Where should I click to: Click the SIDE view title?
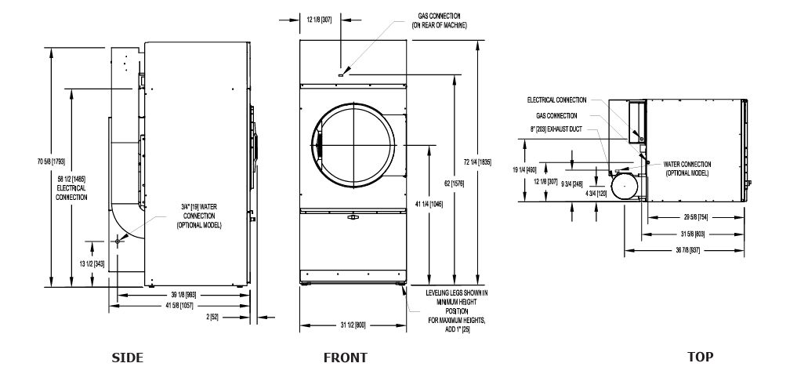[x=127, y=358]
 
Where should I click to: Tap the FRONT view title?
[x=345, y=358]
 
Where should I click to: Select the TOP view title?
[x=701, y=357]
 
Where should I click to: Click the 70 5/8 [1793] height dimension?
[x=51, y=162]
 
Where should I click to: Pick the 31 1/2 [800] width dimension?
[x=353, y=325]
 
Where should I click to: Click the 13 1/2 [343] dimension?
[x=92, y=263]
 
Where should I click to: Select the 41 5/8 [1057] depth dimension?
[x=179, y=306]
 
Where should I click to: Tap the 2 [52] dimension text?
[x=213, y=318]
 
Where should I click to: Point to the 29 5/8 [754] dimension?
[x=695, y=217]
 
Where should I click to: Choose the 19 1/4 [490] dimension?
[x=524, y=170]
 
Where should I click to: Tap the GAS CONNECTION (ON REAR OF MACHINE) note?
[x=439, y=21]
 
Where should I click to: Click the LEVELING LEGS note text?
[x=457, y=311]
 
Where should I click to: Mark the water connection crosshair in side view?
[x=118, y=241]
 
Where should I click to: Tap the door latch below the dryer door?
[x=353, y=217]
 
